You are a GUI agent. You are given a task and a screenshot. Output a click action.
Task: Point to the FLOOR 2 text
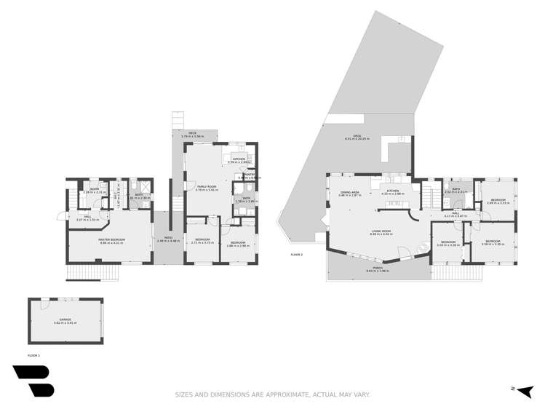point(296,255)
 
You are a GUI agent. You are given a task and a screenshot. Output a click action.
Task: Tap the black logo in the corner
point(33,381)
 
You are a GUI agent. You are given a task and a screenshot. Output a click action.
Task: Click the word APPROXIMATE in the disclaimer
point(263,394)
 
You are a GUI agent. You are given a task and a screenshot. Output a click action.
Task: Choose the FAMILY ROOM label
point(207,186)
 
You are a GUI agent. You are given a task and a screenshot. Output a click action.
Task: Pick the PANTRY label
point(249,174)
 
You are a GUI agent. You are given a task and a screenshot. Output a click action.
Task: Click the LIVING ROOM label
point(381,231)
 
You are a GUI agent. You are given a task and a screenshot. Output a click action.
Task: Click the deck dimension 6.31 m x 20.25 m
point(357,139)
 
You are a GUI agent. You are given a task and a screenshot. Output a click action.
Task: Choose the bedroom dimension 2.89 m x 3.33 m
point(498,203)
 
